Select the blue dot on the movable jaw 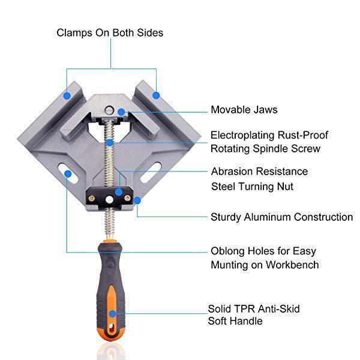(x=121, y=112)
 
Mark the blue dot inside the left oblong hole (x=68, y=175)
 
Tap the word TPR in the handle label (x=244, y=309)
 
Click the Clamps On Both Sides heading (x=110, y=32)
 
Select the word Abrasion (x=231, y=172)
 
